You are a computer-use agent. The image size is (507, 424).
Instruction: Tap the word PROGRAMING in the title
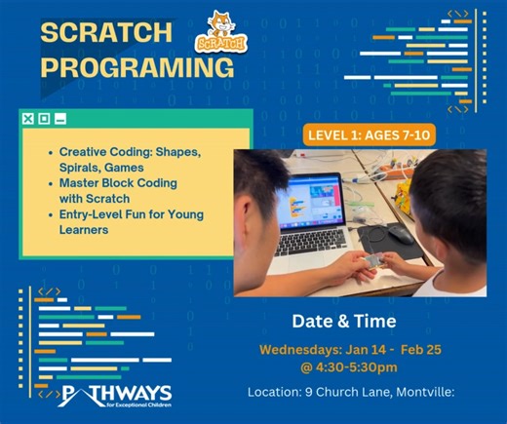pyautogui.click(x=136, y=68)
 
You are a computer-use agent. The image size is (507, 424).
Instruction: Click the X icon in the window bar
pyautogui.click(x=28, y=119)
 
